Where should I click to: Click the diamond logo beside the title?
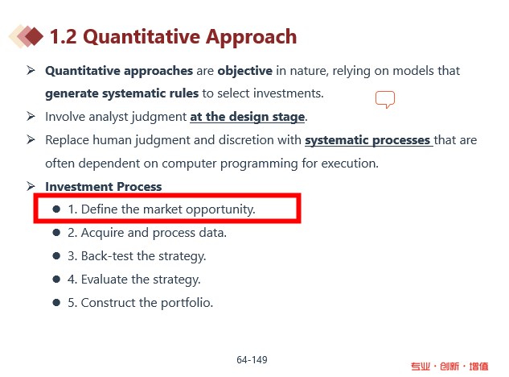coord(26,36)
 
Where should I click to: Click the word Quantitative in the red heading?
coord(142,37)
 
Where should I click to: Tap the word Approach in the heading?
coord(251,37)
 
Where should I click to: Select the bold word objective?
coord(244,71)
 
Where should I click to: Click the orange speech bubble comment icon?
coord(385,99)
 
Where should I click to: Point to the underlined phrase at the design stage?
coord(248,117)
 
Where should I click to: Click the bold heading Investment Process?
coord(103,187)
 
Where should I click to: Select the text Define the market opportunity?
coord(168,209)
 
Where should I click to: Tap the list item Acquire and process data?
coord(147,233)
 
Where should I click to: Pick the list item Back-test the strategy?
coord(137,256)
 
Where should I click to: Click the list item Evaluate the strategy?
coord(134,280)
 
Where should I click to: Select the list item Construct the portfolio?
coord(140,303)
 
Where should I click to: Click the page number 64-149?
coord(252,360)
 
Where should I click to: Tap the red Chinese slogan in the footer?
coord(449,367)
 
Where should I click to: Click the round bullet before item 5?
coord(56,303)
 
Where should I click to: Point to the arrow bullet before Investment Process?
coord(31,186)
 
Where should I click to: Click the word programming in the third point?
coord(259,164)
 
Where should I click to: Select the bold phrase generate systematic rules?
coord(121,93)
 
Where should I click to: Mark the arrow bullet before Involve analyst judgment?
coord(31,116)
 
